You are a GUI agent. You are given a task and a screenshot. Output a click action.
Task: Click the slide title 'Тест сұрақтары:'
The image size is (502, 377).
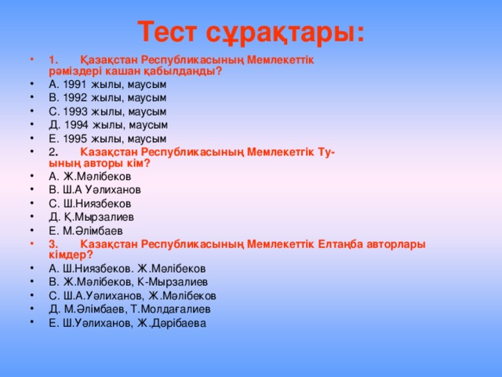point(251,32)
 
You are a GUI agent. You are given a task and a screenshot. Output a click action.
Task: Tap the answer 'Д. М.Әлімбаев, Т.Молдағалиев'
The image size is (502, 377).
point(129,309)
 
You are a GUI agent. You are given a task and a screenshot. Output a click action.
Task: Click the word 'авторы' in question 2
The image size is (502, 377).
point(100,163)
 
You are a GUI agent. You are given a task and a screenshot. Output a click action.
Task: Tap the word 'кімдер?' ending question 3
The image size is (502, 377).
point(71,255)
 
